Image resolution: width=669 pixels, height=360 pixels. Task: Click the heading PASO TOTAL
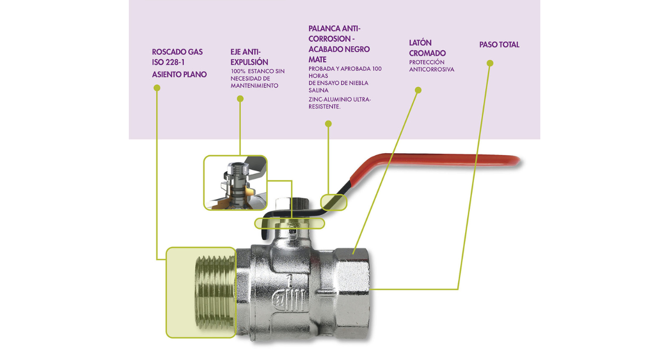(499, 45)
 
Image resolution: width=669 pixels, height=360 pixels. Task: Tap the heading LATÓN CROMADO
(427, 48)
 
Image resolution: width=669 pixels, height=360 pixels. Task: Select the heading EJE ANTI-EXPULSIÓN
(249, 57)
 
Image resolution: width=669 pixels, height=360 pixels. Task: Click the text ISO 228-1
(168, 63)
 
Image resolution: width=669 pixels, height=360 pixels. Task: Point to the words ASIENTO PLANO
(179, 75)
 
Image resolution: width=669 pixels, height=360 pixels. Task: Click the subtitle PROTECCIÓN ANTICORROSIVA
(431, 66)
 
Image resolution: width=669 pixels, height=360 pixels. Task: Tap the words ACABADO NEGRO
(339, 49)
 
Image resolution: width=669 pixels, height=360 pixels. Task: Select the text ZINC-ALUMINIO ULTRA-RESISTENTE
(340, 103)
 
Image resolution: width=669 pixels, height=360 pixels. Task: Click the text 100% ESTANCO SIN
(257, 71)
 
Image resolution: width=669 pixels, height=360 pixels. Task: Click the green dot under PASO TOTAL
(490, 63)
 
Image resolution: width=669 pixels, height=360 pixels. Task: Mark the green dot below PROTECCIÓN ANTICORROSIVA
(418, 90)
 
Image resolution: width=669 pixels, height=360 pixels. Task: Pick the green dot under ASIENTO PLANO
(157, 88)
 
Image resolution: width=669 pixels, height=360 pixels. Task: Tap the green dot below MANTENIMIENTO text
(240, 99)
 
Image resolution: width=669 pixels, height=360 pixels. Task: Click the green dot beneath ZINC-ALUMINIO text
(328, 124)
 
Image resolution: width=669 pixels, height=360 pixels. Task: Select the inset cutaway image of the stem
(235, 183)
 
